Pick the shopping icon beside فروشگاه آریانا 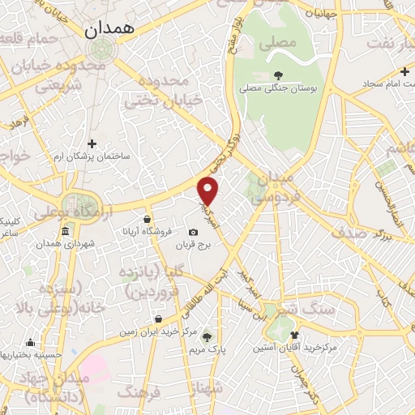pos(146,220)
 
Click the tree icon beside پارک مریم pos(207,336)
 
